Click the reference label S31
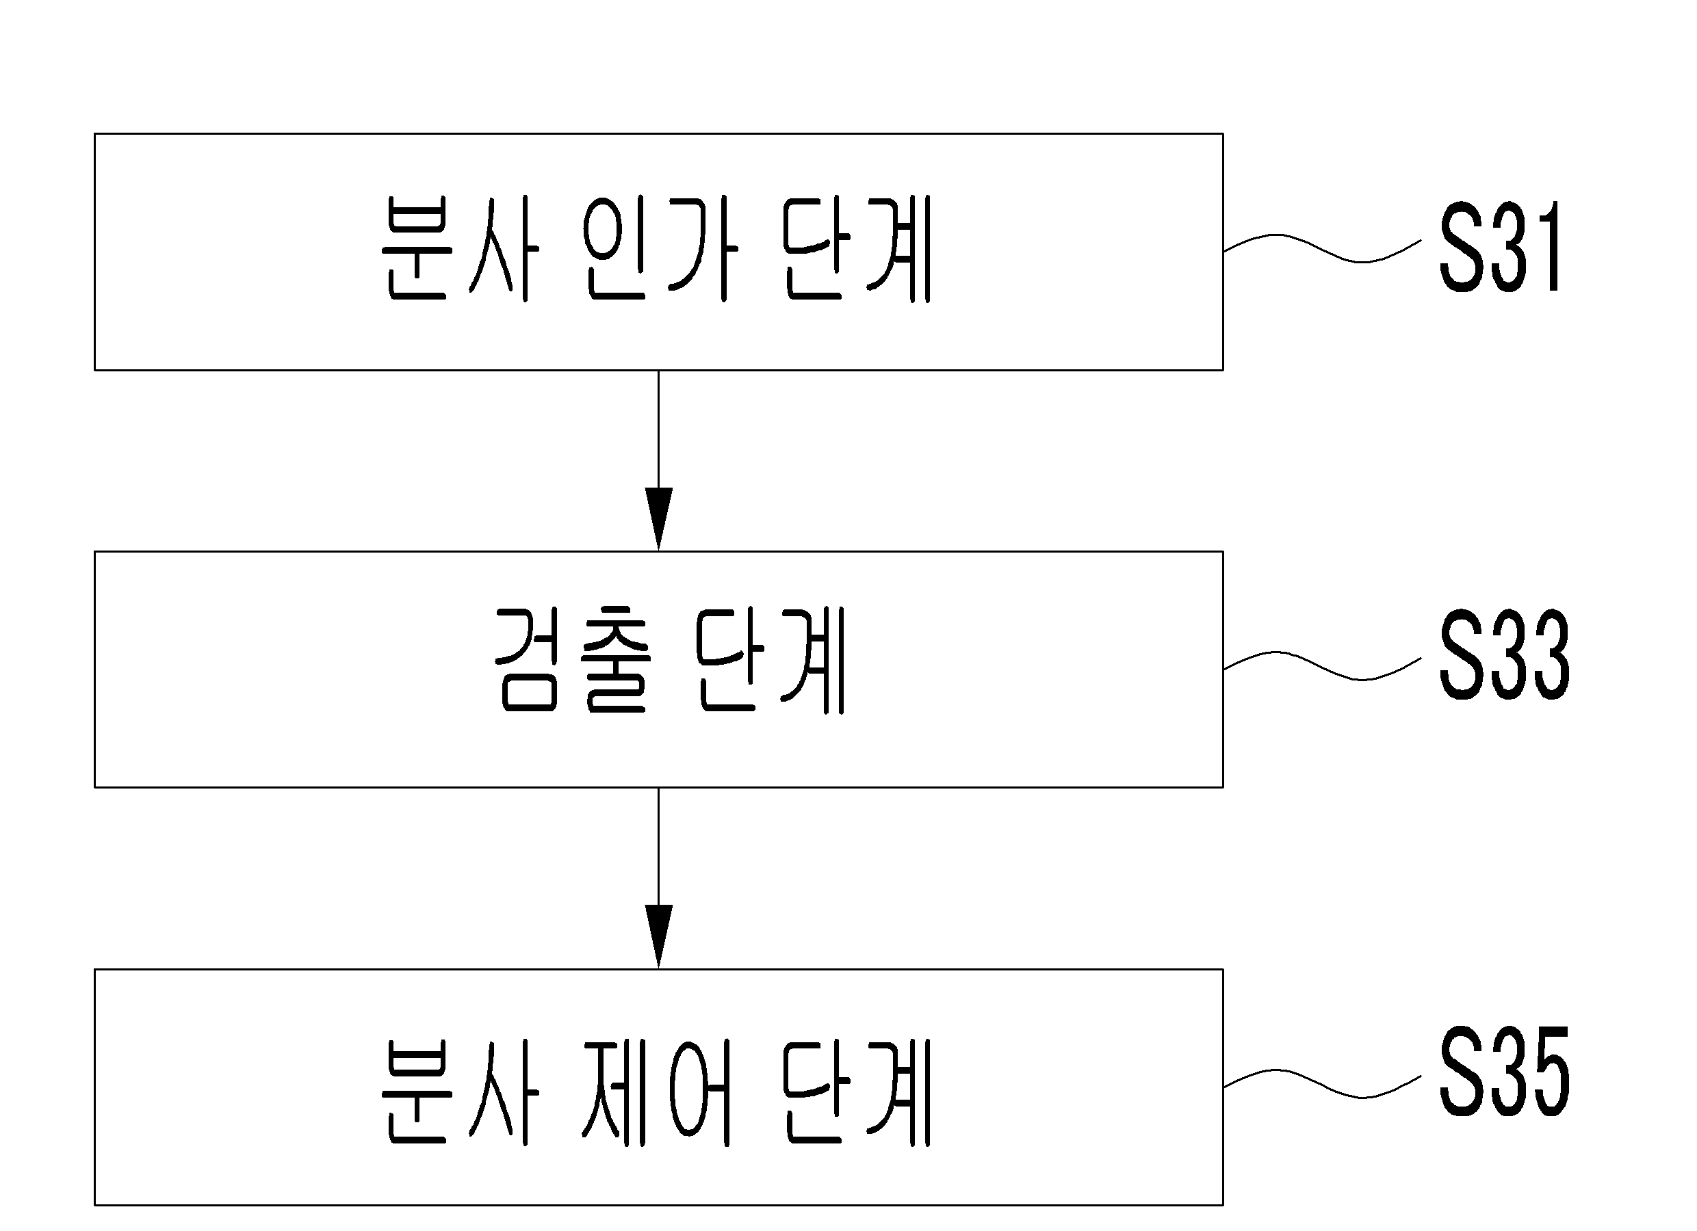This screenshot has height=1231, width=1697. pyautogui.click(x=1499, y=247)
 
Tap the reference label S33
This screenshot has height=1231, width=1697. pyautogui.click(x=1504, y=655)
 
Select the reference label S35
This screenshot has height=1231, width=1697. pyautogui.click(x=1504, y=1072)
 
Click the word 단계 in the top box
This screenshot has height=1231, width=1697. pyautogui.click(x=857, y=248)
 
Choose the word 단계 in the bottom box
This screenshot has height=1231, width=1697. pyautogui.click(x=857, y=1093)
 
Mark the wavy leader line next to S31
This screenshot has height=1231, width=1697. pyautogui.click(x=1322, y=248)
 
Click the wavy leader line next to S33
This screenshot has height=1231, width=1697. pyautogui.click(x=1322, y=665)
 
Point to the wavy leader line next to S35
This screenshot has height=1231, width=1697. pyautogui.click(x=1322, y=1084)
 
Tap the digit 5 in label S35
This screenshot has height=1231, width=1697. pyautogui.click(x=1547, y=1072)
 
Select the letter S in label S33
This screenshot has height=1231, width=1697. pyautogui.click(x=1460, y=655)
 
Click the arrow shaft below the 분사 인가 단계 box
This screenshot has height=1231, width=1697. pyautogui.click(x=658, y=429)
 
